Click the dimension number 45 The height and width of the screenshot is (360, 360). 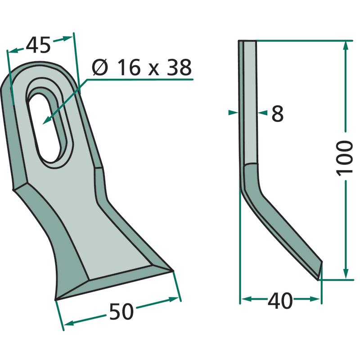(38, 45)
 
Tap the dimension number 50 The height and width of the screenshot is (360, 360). (121, 311)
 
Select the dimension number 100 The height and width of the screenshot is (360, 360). (344, 159)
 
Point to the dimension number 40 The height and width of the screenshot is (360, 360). (280, 301)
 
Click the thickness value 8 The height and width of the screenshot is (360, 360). (278, 113)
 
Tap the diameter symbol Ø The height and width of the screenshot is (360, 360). (100, 67)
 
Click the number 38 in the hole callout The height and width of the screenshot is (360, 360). (179, 67)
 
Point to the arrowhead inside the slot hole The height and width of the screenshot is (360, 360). (47, 120)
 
